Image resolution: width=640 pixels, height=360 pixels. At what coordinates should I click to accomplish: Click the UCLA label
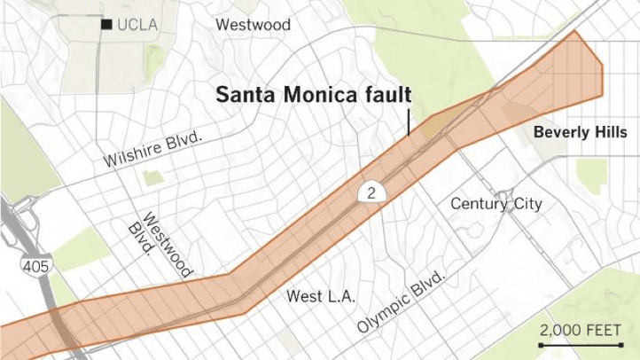point(137,25)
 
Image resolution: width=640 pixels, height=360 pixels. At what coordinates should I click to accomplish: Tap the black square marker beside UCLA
point(106,25)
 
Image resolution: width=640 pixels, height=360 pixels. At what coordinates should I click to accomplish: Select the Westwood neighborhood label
point(253,25)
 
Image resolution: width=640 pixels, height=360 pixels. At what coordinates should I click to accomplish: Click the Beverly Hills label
point(580,132)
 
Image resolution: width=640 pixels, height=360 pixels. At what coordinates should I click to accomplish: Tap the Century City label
point(496,204)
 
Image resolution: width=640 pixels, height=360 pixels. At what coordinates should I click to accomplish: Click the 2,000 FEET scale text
point(581,330)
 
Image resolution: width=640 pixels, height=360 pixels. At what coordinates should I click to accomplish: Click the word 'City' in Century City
point(527,204)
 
